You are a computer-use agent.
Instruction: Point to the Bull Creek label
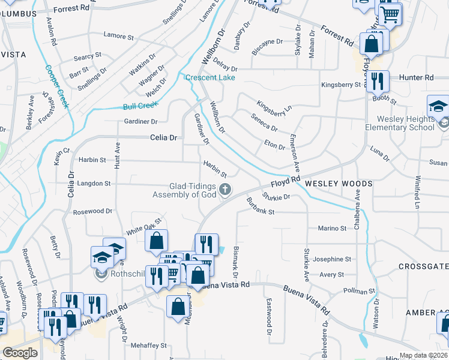point(140,106)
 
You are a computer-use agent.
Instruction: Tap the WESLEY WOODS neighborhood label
point(339,183)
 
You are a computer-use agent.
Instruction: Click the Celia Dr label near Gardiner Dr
point(163,137)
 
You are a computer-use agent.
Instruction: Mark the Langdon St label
point(95,183)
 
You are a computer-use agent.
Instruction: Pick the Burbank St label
point(259,211)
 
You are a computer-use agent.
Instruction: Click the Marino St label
point(332,228)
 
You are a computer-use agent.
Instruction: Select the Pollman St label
point(358,291)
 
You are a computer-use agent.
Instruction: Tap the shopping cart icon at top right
point(391,14)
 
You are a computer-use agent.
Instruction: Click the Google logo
point(20,352)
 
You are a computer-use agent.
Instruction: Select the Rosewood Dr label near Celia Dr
point(92,211)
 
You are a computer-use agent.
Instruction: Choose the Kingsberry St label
point(340,85)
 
